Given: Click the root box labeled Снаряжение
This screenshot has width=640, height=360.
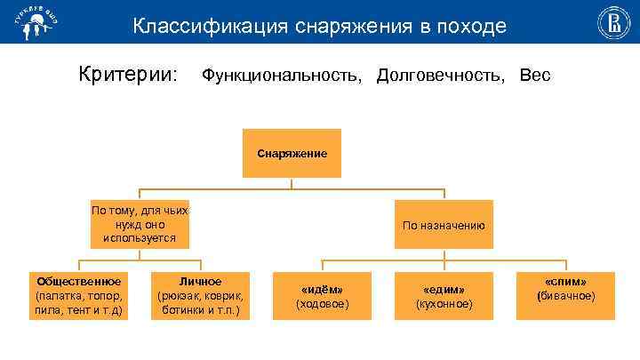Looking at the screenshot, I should [292, 154].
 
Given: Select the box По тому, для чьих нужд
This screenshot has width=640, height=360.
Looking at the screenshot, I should [139, 224].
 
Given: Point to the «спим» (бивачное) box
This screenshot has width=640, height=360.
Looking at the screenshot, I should [565, 290].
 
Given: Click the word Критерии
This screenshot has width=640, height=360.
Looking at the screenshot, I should [128, 75].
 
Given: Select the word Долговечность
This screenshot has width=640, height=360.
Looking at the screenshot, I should [443, 76].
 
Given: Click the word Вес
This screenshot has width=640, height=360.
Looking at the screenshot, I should [535, 76].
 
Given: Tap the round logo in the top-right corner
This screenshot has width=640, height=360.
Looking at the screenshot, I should [612, 21].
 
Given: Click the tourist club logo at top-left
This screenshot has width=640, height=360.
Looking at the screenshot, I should [27, 21].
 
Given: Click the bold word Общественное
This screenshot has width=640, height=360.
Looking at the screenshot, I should [78, 282].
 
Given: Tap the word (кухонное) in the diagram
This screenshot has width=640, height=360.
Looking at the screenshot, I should [444, 304].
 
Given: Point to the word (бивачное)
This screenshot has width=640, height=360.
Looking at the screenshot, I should [565, 296].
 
